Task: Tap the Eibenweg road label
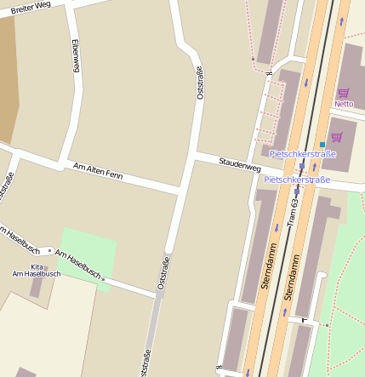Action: (x=76, y=55)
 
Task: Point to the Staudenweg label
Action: (x=239, y=163)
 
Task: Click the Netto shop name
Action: (x=344, y=104)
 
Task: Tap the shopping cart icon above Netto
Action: (x=344, y=93)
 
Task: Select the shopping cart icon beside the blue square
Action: (x=336, y=137)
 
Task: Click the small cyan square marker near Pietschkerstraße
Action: (x=322, y=144)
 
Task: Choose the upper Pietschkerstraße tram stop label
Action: (x=302, y=154)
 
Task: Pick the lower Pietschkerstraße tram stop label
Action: (x=297, y=180)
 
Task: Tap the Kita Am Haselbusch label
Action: (x=36, y=270)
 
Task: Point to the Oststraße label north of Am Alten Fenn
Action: (x=200, y=83)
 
